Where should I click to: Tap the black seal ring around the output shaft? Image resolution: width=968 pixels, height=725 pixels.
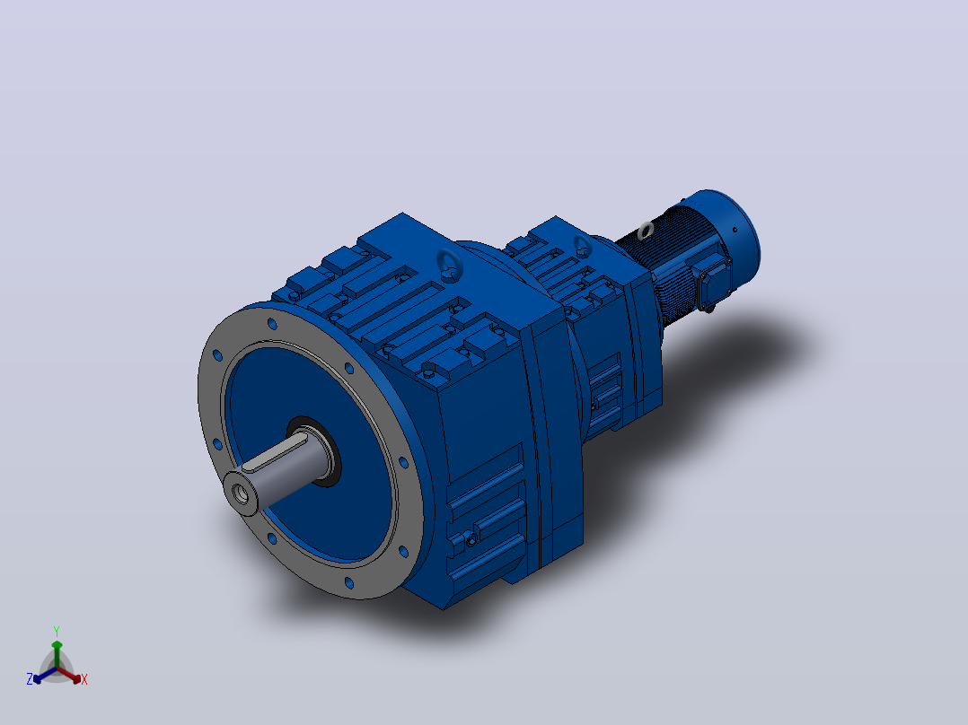(316, 450)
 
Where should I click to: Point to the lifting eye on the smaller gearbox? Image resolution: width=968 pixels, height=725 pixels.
(582, 246)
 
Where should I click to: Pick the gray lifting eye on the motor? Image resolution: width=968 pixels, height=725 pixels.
(646, 231)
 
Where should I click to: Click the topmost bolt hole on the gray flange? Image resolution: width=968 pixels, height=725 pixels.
(271, 323)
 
